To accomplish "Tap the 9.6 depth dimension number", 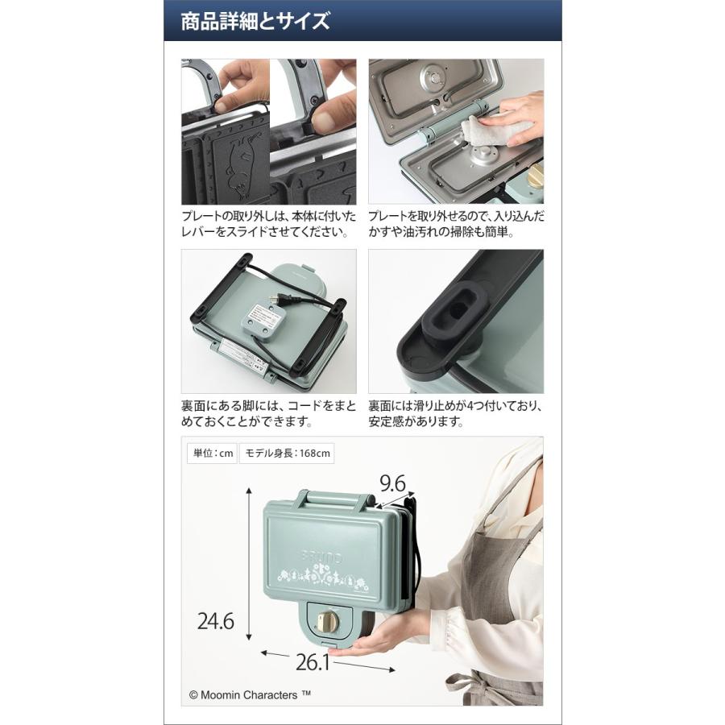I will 392,483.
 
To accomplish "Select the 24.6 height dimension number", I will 216,621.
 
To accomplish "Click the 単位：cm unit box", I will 211,454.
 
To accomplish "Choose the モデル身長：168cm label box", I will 288,454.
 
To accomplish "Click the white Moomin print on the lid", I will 322,574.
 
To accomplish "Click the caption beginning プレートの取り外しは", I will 268,225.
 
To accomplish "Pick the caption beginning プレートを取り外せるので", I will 456,225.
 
